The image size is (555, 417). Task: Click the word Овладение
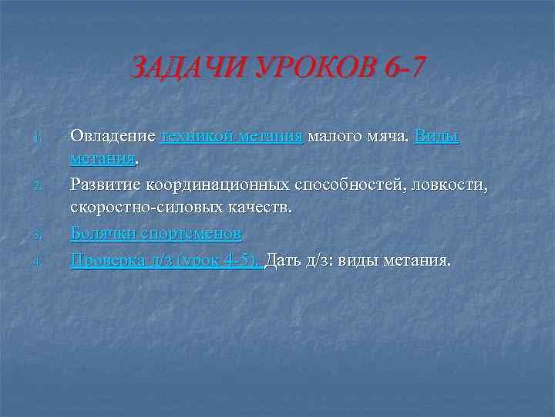[113, 136]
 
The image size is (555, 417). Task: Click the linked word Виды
[436, 136]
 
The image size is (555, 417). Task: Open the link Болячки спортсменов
[156, 233]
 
